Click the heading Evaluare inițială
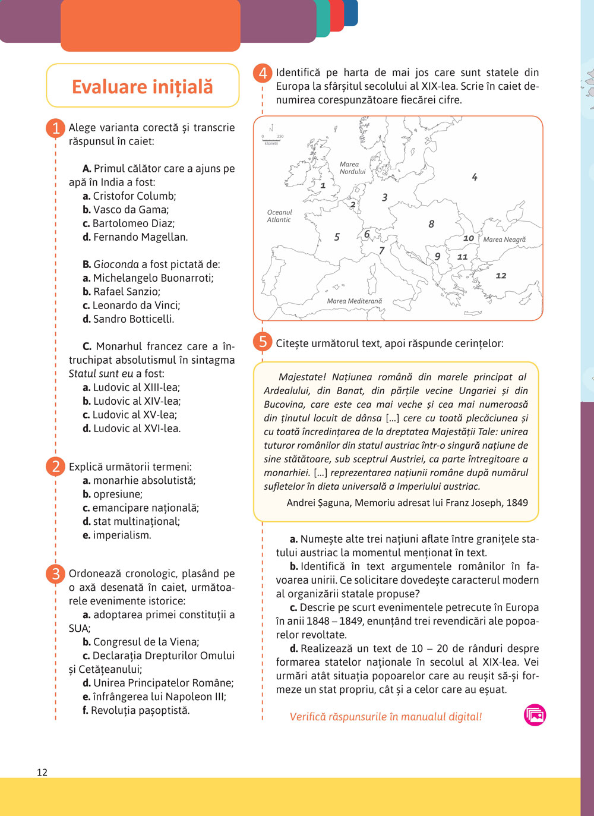tap(143, 87)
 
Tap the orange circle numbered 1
tap(55, 128)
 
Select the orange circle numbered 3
tap(55, 574)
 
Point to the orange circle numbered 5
tap(263, 342)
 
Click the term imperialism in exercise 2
tap(122, 535)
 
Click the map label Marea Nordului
tap(352, 168)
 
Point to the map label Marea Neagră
tap(504, 240)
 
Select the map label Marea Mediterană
tap(355, 301)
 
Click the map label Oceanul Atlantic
tap(279, 216)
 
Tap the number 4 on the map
tap(475, 177)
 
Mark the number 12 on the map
tap(501, 276)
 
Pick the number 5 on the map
tap(337, 237)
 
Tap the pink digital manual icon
tap(535, 715)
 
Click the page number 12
tap(42, 772)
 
